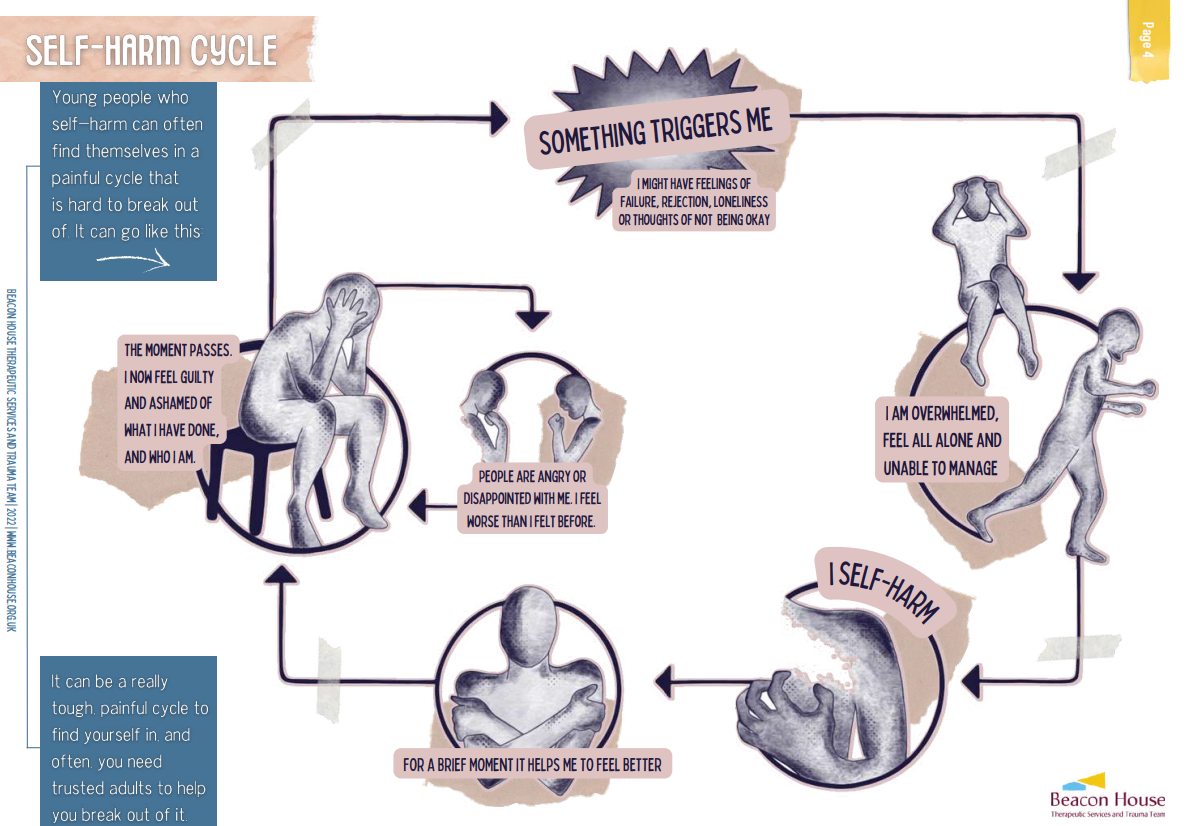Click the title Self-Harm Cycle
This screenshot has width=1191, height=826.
[x=151, y=50]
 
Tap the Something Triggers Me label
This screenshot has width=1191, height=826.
[x=655, y=129]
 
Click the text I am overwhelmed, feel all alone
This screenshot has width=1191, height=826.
[x=941, y=440]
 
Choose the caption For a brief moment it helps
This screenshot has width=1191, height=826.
[x=532, y=765]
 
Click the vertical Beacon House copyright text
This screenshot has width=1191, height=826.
[x=11, y=460]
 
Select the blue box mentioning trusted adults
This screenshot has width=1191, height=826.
[x=129, y=741]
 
